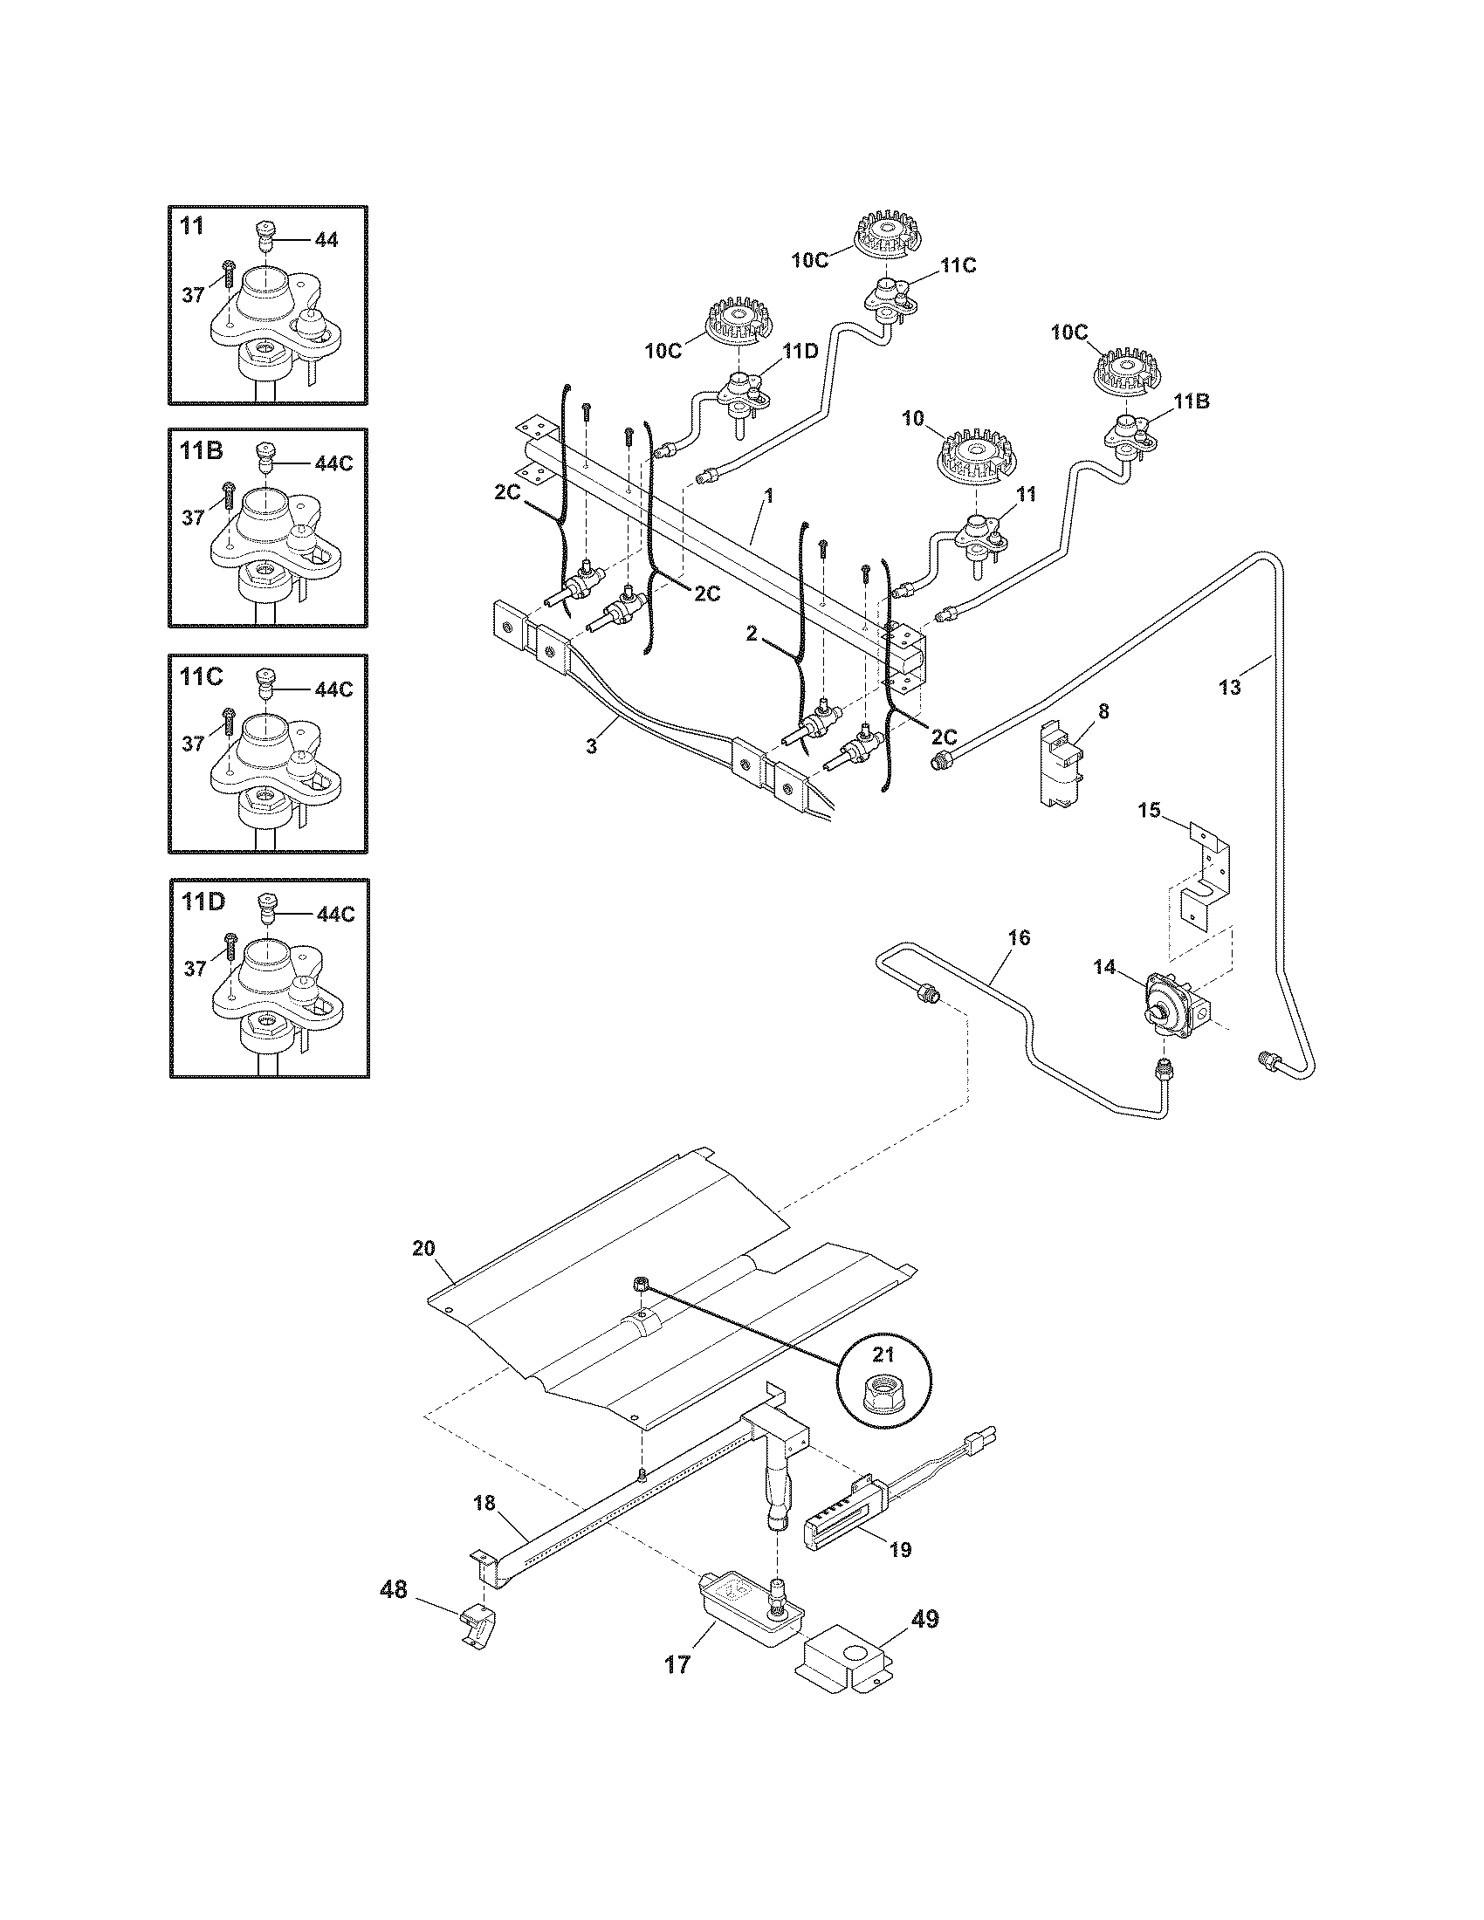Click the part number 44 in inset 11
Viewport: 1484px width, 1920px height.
pos(326,240)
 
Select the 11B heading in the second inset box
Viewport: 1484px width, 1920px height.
pos(202,451)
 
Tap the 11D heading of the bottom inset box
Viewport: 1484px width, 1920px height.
pos(203,902)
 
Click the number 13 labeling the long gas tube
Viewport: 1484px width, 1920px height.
pos(1229,688)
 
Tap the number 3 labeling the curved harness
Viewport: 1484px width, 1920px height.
pos(592,745)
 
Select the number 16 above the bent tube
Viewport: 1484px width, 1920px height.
pos(1018,937)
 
